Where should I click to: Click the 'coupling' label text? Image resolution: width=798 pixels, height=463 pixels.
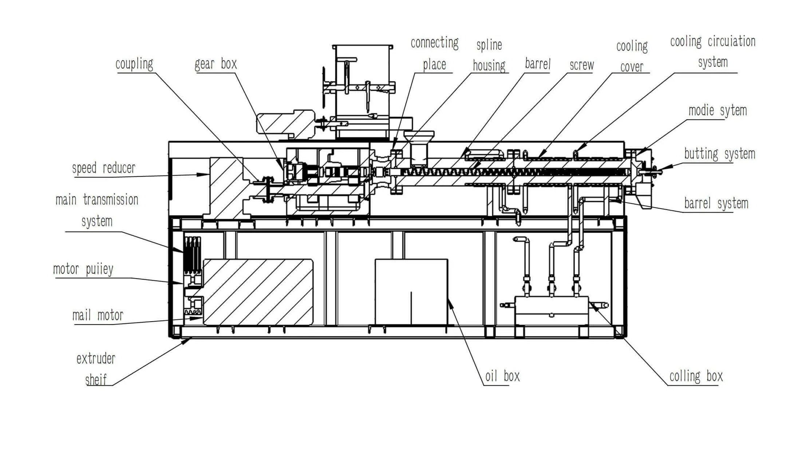coord(134,64)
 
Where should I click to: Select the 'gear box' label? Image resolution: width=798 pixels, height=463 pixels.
coord(216,64)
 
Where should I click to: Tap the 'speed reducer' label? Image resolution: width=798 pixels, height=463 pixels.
coord(103,168)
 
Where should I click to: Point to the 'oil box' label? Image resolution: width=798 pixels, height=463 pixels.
coord(502,376)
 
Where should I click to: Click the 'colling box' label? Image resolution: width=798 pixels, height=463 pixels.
coord(696,376)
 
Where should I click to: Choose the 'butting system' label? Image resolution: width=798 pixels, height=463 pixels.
coord(719,154)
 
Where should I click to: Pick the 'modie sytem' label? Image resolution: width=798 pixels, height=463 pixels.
coord(717,110)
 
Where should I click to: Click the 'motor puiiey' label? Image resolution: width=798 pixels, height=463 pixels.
coord(83,269)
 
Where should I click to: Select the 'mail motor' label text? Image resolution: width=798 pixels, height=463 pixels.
coord(98,315)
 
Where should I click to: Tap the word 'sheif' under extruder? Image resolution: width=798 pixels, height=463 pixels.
coord(96,380)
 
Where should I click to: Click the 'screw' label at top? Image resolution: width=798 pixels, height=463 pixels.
coord(581,65)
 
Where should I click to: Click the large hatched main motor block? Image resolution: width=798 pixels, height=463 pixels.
coord(258,292)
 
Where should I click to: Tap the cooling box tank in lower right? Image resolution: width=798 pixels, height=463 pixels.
coord(551,310)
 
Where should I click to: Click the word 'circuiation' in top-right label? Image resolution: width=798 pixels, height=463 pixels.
coord(731,42)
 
